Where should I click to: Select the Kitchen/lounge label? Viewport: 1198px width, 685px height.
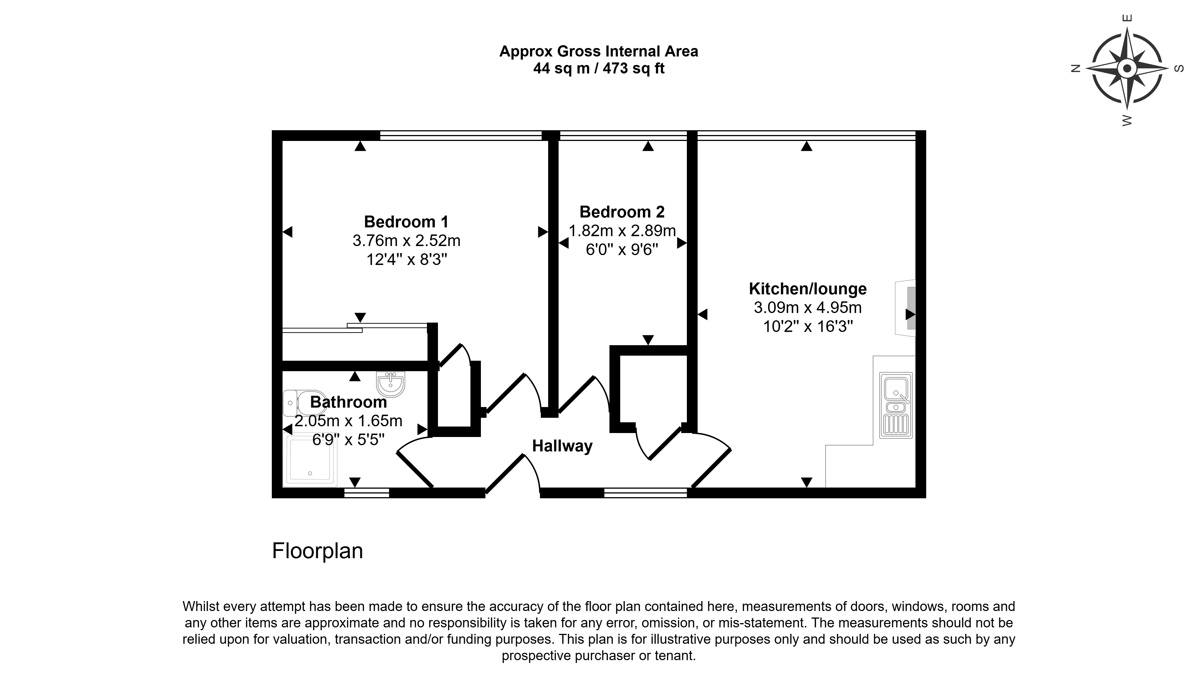coord(808,289)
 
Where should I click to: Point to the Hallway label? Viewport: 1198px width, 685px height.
coord(562,446)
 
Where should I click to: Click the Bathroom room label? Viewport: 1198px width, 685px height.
coord(349,402)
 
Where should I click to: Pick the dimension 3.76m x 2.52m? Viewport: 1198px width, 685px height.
coord(407,241)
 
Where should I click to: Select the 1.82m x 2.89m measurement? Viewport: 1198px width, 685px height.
coord(622,231)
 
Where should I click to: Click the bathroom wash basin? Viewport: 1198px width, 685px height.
coord(390,384)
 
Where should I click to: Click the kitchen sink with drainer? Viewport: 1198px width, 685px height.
coord(896,406)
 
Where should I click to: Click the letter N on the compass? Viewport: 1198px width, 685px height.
coord(1075,69)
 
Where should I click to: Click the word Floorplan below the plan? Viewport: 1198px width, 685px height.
coord(318,551)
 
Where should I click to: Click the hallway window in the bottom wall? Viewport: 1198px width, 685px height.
coord(646,493)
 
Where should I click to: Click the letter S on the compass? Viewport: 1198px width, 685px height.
coord(1179,69)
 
